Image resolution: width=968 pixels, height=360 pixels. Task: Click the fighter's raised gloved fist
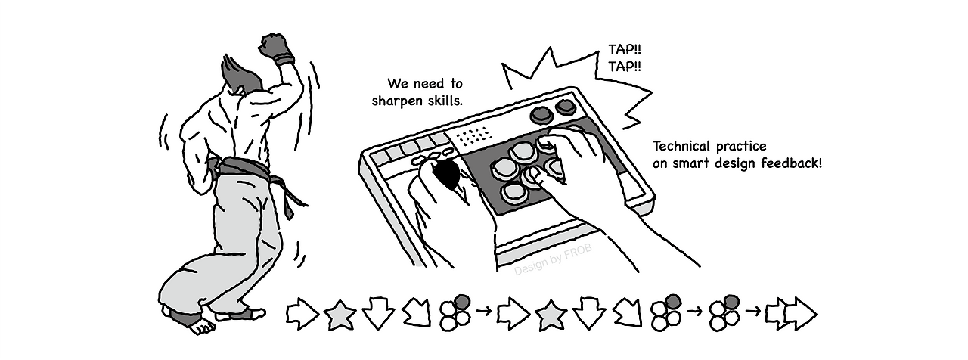pyautogui.click(x=277, y=48)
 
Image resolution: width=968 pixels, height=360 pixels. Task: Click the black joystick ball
pyautogui.click(x=447, y=174)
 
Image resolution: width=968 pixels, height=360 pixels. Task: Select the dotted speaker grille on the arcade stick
pyautogui.click(x=474, y=135)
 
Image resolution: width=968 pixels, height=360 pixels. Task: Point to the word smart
pyautogui.click(x=691, y=164)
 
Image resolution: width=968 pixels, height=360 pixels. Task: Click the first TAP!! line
pyautogui.click(x=625, y=49)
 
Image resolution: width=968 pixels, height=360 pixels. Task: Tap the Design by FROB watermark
pyautogui.click(x=553, y=260)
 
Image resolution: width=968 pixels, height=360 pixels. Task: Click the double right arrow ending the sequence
pyautogui.click(x=791, y=314)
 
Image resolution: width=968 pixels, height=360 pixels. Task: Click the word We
pyautogui.click(x=396, y=83)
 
